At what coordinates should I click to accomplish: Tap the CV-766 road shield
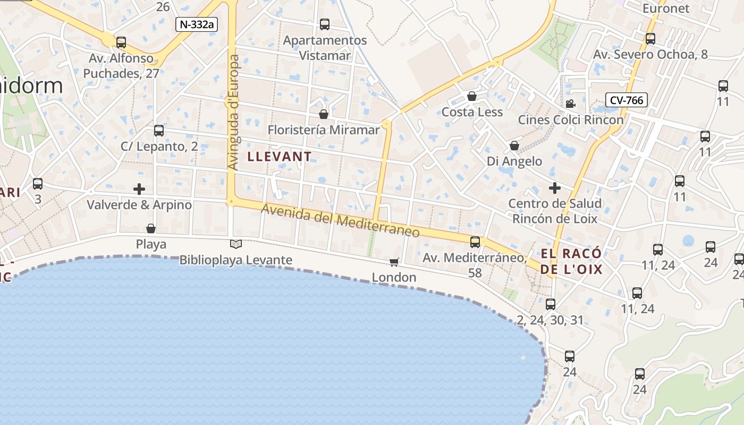[626, 100]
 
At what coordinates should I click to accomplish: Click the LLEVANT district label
[280, 157]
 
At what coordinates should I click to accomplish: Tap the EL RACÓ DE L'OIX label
[571, 261]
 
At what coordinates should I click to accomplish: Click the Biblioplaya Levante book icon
[235, 244]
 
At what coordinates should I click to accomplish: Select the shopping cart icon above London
[394, 262]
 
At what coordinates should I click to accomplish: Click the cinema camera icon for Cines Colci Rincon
[570, 104]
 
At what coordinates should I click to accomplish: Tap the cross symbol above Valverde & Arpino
[139, 189]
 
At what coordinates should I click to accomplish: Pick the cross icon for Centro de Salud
[555, 188]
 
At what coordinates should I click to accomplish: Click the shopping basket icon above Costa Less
[471, 96]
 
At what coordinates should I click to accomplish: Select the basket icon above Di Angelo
[514, 146]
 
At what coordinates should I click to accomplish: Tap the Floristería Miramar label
[324, 130]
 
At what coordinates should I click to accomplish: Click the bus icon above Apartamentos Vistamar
[324, 24]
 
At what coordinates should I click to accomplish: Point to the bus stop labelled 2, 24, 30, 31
[551, 304]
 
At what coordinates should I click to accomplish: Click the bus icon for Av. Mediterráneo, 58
[475, 242]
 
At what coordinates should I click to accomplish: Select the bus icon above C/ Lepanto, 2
[158, 131]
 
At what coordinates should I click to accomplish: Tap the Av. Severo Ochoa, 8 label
[650, 55]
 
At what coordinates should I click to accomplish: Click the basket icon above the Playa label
[151, 228]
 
